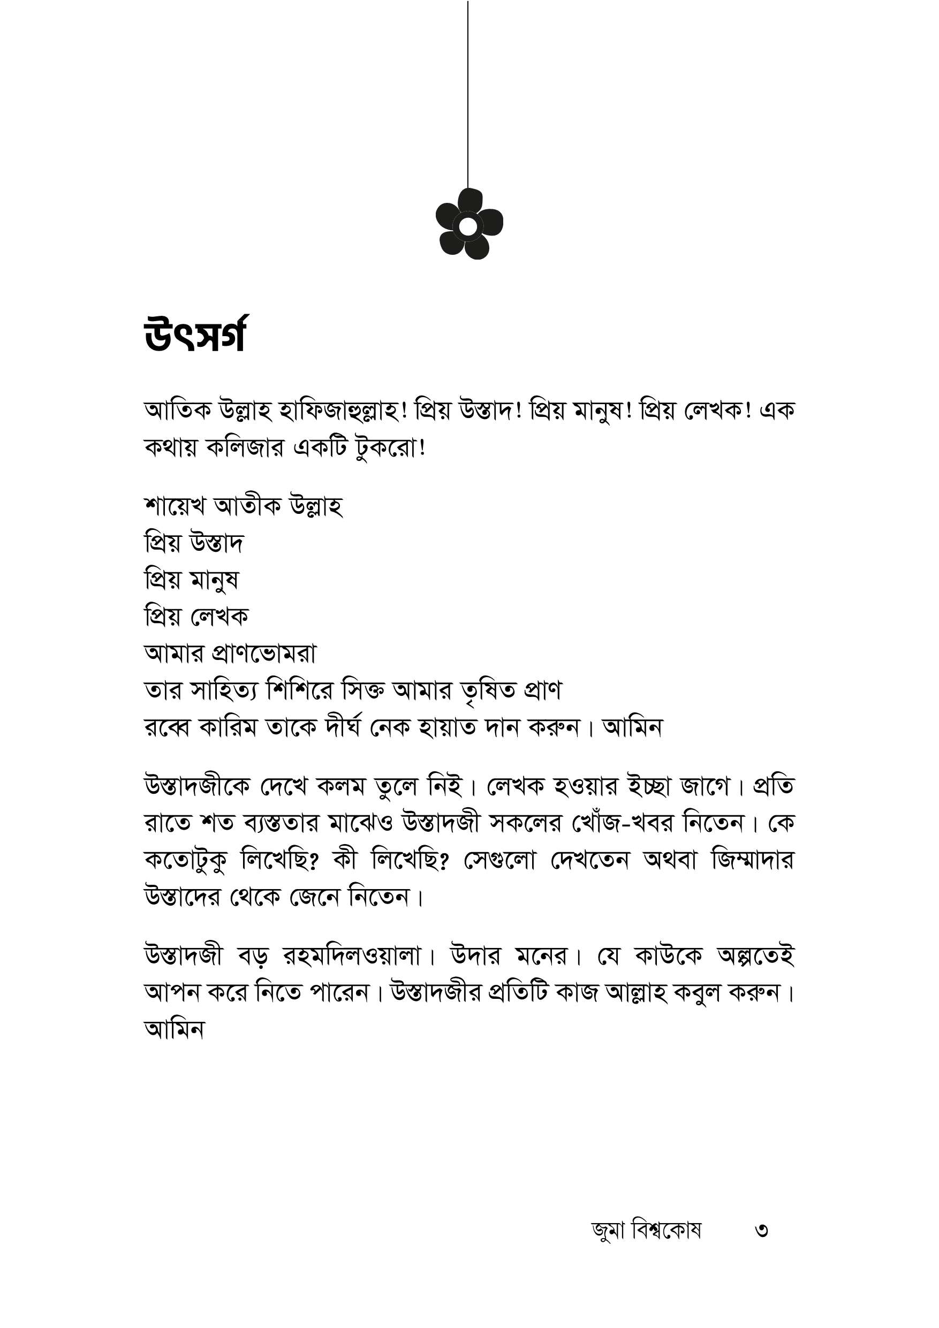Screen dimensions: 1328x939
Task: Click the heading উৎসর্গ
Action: pyautogui.click(x=195, y=335)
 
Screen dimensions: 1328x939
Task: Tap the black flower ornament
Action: pyautogui.click(x=468, y=224)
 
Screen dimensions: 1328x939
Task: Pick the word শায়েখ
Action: pyautogui.click(x=175, y=506)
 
